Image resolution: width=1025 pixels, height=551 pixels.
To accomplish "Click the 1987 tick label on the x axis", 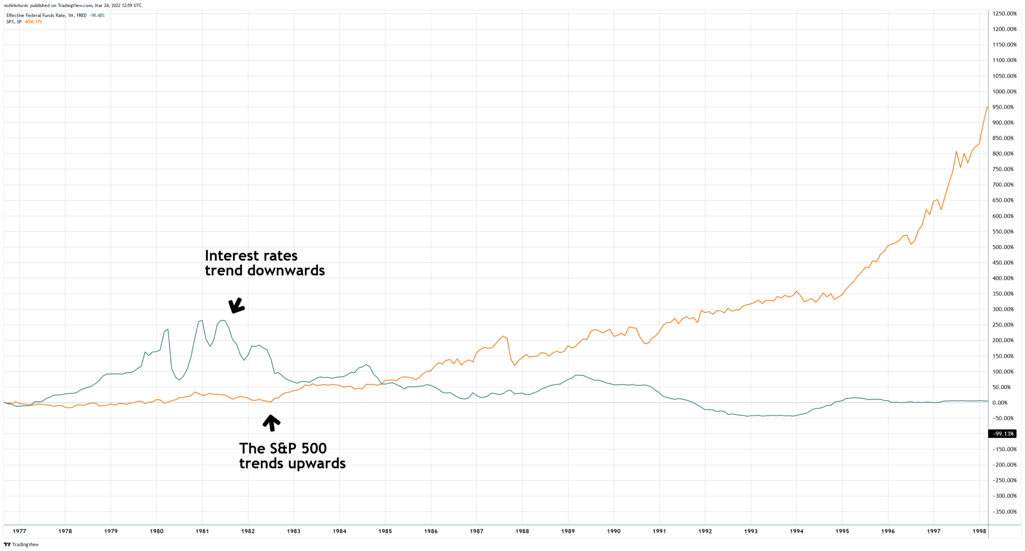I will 476,531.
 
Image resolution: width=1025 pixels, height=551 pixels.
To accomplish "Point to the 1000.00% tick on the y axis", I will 1004,92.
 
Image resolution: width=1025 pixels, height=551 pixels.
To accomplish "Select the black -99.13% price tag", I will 1002,434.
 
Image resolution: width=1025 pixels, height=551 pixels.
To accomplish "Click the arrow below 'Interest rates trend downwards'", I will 236,306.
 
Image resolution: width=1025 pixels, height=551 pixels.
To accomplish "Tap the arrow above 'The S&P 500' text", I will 271,423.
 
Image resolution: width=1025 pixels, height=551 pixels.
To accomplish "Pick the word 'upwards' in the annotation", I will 316,463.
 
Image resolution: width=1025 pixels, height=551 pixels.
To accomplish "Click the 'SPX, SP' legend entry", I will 14,22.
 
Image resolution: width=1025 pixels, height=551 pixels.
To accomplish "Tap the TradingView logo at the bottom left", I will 21,544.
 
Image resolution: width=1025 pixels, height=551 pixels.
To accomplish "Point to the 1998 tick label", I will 979,531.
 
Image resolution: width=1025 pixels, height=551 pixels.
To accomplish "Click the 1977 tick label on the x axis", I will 20,531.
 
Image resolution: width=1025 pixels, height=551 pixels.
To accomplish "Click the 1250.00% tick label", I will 1004,14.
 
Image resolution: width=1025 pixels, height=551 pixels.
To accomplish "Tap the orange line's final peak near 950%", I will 987,107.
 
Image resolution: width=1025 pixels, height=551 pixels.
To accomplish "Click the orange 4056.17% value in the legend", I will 34,22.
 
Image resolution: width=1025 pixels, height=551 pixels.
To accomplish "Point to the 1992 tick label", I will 705,531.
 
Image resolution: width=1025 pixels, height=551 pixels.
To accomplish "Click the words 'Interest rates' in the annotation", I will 251,256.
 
